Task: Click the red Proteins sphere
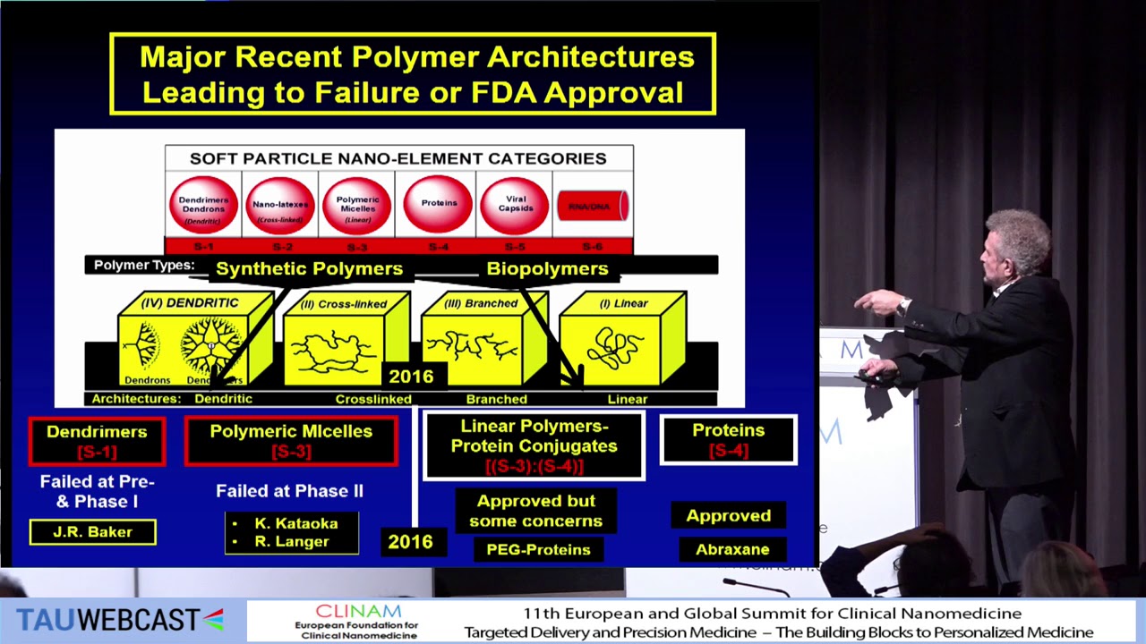439,204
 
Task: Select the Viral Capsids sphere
514,205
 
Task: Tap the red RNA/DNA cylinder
592,206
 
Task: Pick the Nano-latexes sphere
280,205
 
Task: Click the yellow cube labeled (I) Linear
623,340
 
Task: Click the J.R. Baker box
92,532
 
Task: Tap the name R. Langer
292,542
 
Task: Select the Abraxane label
732,549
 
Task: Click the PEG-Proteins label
538,549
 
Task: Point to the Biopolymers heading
547,268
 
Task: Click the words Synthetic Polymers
309,268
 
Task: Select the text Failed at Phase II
289,491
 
